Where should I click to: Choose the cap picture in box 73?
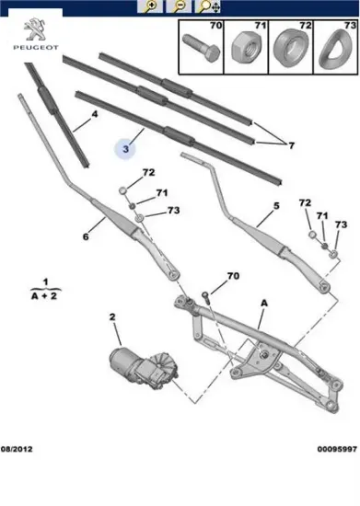point(335,49)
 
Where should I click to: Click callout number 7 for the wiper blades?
point(291,145)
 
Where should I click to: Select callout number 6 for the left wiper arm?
point(85,236)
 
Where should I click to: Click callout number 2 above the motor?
point(112,317)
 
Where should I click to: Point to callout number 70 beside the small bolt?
point(233,276)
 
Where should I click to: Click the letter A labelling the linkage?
point(263,303)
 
